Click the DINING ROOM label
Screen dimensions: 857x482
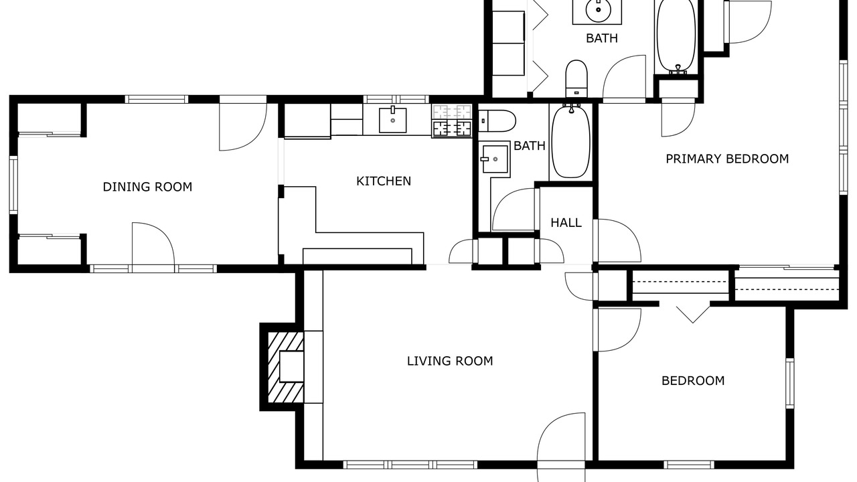point(148,187)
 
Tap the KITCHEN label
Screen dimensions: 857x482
point(384,181)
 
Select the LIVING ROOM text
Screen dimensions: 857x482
point(450,361)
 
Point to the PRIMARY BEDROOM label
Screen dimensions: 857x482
point(727,159)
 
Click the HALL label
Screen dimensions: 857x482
point(566,223)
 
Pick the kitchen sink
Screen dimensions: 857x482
point(392,120)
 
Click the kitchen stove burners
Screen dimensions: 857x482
point(452,120)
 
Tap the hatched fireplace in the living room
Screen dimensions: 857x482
point(285,368)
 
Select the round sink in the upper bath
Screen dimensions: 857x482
point(597,11)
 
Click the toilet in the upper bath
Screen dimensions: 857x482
point(576,78)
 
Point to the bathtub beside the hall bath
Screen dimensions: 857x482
point(571,141)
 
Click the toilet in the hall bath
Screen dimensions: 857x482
point(497,121)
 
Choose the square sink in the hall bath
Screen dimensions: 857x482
point(495,159)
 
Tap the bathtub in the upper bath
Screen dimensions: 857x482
point(676,36)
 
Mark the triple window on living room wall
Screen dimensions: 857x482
point(410,465)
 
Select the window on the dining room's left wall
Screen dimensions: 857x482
point(13,185)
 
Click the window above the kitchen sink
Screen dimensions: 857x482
point(396,100)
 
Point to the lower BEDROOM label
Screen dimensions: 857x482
point(693,381)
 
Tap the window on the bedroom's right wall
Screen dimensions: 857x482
point(789,384)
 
